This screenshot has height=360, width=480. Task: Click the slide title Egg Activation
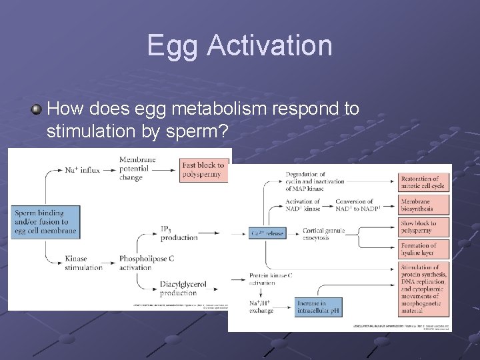click(239, 45)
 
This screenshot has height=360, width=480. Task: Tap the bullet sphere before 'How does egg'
click(37, 108)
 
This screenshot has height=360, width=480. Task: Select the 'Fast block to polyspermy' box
click(204, 170)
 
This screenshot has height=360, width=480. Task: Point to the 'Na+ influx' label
click(82, 170)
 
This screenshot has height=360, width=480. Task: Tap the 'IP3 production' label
click(179, 233)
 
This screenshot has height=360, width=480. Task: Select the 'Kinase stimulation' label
click(84, 263)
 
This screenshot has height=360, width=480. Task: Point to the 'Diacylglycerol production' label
click(179, 288)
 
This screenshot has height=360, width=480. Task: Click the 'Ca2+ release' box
click(267, 234)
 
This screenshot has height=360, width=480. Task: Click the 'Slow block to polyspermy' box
click(424, 227)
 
